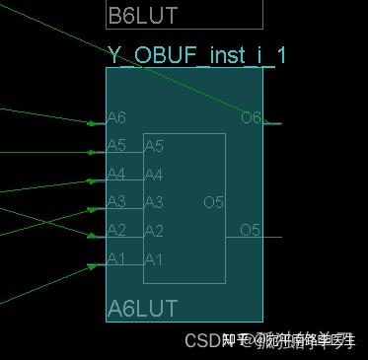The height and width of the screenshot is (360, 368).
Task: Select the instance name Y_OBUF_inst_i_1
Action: point(196,55)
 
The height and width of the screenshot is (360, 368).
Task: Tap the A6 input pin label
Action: point(116,119)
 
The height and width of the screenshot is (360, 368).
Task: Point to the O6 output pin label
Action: point(251,118)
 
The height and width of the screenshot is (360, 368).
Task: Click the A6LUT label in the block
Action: point(142,309)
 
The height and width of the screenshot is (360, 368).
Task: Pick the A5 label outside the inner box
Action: point(116,146)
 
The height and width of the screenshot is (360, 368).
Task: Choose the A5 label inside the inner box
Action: point(154,147)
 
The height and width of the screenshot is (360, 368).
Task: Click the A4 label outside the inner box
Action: point(116,175)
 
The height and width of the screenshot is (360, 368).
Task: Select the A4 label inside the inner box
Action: point(154,175)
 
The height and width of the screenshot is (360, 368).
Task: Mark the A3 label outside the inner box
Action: point(116,202)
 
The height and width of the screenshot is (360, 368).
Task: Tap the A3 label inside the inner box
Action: point(154,202)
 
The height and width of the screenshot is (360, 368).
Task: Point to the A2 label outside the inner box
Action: point(116,231)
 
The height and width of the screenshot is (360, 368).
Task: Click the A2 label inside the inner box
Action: point(154,231)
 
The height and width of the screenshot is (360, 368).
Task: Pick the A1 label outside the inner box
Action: point(116,259)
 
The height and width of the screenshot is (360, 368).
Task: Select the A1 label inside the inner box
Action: point(154,259)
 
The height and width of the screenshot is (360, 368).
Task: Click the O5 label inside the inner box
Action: point(214,202)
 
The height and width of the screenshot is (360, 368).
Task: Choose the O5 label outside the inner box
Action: point(251,231)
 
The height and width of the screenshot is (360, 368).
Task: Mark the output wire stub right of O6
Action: point(273,123)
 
